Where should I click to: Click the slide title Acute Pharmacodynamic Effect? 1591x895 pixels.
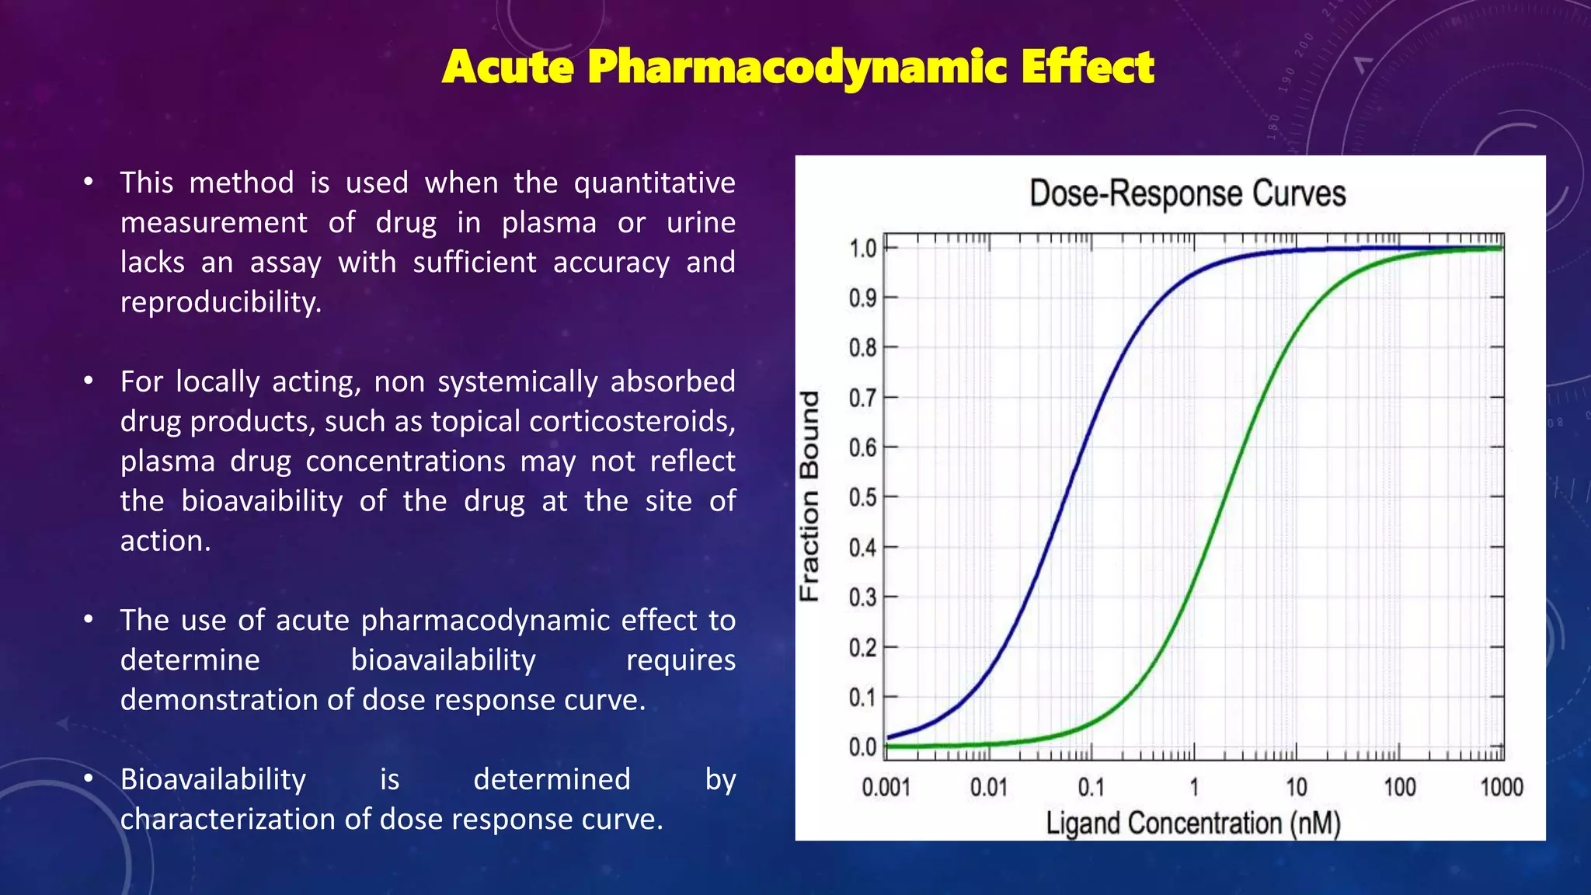798,67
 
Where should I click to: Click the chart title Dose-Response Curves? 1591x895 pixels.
1187,193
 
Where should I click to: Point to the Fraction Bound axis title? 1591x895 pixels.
809,496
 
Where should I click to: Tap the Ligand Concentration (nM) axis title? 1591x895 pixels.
1193,823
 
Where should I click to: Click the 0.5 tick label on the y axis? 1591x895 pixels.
862,497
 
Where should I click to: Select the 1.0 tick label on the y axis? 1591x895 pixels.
862,249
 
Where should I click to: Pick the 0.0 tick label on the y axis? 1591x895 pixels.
862,747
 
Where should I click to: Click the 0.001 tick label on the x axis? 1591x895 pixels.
886,788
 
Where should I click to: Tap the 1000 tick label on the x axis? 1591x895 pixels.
1501,788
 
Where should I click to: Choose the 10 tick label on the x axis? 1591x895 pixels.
1296,788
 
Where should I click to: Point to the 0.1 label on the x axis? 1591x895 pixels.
1091,788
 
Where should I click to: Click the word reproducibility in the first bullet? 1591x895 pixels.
221,302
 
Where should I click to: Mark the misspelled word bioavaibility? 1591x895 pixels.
262,501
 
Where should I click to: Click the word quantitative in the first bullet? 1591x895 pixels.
654,183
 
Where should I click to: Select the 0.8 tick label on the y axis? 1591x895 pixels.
862,348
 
